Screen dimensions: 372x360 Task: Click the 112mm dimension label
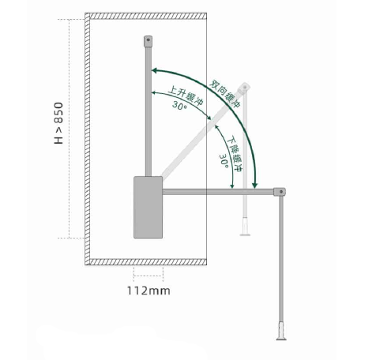(x=148, y=291)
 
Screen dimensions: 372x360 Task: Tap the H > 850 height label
(x=58, y=123)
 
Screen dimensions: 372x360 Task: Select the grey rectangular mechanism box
(x=148, y=208)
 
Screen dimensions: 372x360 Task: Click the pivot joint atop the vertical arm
(x=148, y=41)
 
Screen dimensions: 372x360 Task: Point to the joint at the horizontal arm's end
(x=280, y=192)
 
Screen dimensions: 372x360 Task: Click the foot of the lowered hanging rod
(x=281, y=331)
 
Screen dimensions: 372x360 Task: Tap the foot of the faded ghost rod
(x=245, y=227)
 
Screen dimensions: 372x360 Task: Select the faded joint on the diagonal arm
(x=244, y=88)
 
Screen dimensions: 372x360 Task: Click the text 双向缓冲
(x=225, y=94)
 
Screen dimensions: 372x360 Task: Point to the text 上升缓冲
(x=186, y=96)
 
